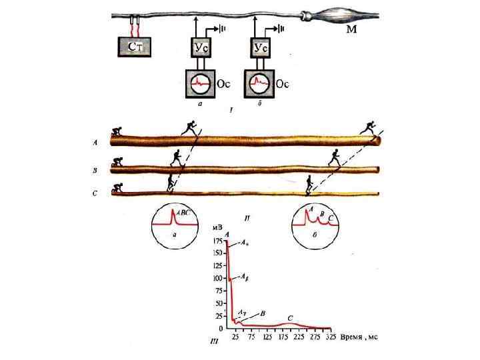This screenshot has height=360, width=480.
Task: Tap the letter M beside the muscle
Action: (x=351, y=31)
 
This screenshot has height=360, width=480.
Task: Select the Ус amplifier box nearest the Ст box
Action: (x=201, y=47)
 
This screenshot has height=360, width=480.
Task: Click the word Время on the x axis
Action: (x=351, y=337)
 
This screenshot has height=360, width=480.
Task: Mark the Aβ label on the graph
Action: (x=245, y=277)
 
